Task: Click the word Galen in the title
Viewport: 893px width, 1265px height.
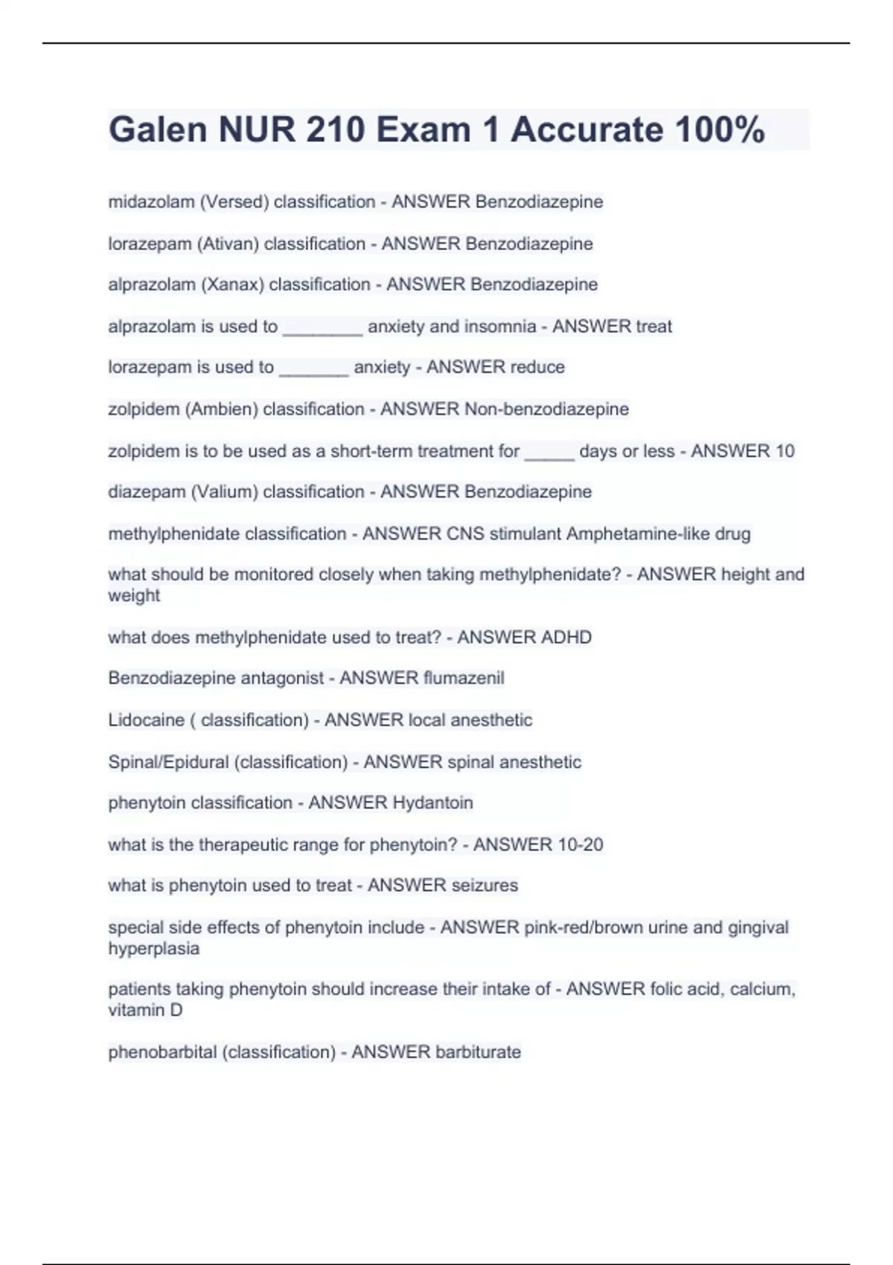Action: pyautogui.click(x=158, y=129)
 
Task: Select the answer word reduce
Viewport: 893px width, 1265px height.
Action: pyautogui.click(x=537, y=367)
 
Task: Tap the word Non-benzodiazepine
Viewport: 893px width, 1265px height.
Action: pyautogui.click(x=546, y=409)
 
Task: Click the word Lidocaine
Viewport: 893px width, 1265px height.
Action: pyautogui.click(x=146, y=720)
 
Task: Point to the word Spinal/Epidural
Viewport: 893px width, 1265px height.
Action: pyautogui.click(x=168, y=762)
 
